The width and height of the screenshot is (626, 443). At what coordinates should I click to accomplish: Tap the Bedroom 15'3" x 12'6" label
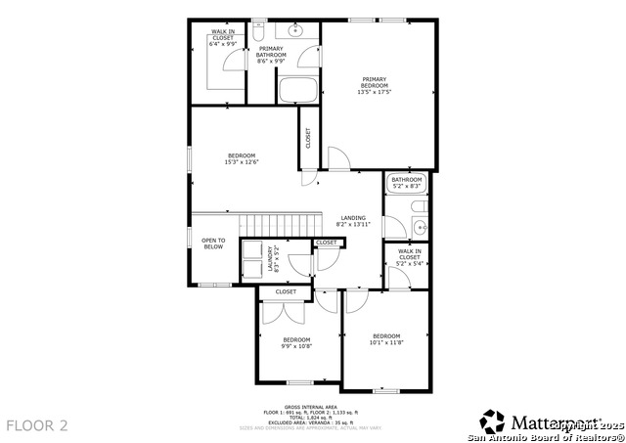pyautogui.click(x=242, y=159)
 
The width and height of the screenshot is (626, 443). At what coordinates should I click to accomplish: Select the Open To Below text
pyautogui.click(x=213, y=244)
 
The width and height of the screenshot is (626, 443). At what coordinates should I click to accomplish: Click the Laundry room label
pyautogui.click(x=272, y=258)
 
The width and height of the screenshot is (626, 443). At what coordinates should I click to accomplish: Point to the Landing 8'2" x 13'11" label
pyautogui.click(x=353, y=221)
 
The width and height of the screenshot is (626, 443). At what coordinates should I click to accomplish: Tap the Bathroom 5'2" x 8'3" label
pyautogui.click(x=406, y=182)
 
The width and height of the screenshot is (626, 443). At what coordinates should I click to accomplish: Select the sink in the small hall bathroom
pyautogui.click(x=420, y=228)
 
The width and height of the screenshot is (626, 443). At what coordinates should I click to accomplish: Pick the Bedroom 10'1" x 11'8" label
pyautogui.click(x=386, y=339)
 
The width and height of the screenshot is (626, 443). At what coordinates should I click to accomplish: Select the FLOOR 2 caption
pyautogui.click(x=37, y=425)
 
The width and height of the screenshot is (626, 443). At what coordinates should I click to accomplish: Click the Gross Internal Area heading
pyautogui.click(x=311, y=406)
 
